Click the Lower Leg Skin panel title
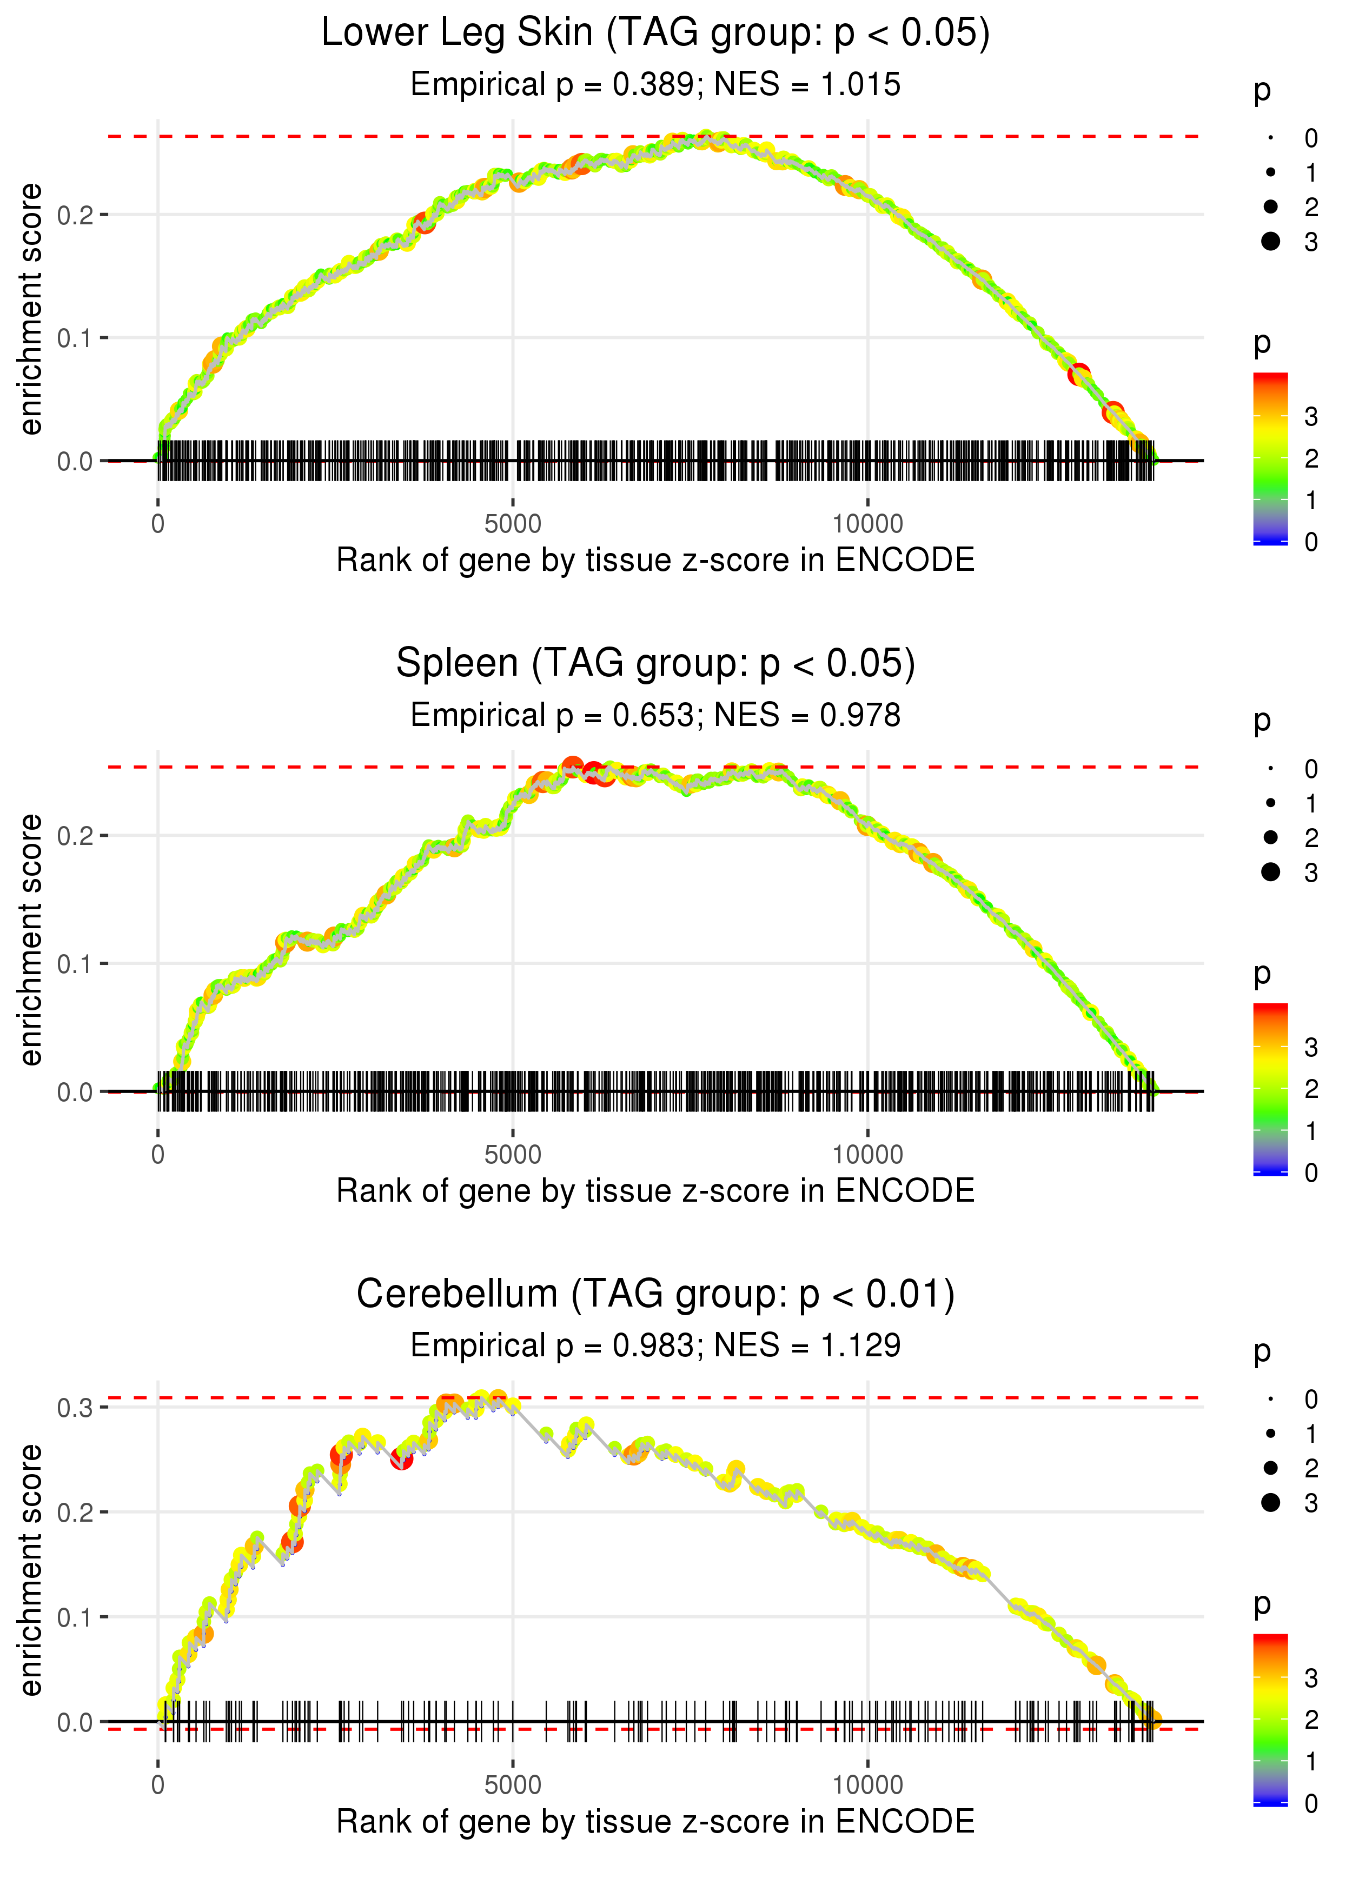coord(655,34)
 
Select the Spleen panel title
coord(655,664)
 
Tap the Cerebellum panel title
coord(655,1295)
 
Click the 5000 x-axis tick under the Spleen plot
coord(513,1155)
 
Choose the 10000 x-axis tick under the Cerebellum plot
coord(867,1786)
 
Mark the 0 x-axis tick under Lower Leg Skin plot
coord(158,524)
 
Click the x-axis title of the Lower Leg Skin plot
coord(655,560)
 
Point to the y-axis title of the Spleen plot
coord(31,940)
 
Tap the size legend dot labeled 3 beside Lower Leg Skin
coord(1270,241)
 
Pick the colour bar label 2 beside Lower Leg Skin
coord(1311,458)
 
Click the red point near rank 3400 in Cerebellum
coord(401,1460)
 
